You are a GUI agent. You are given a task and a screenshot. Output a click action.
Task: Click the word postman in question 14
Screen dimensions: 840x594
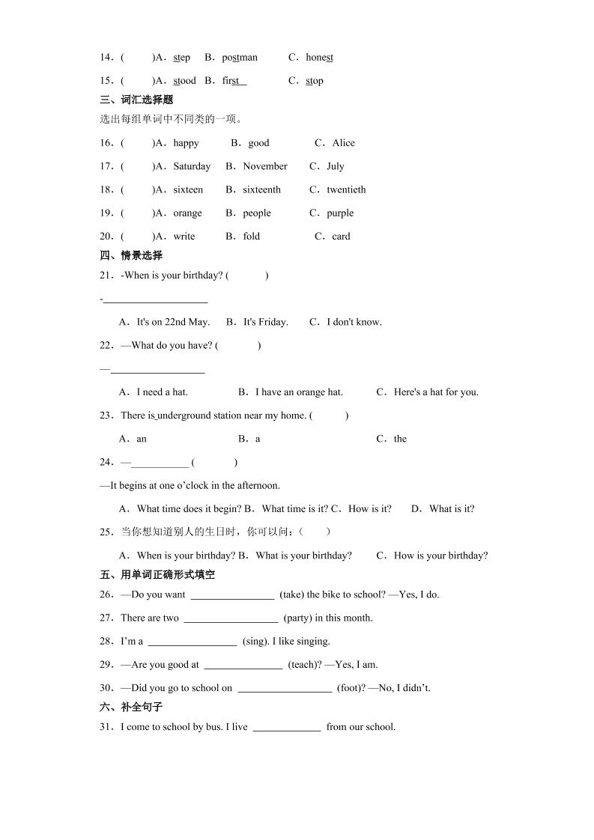coord(240,58)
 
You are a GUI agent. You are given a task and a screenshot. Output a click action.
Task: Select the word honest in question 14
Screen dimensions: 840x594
coord(320,58)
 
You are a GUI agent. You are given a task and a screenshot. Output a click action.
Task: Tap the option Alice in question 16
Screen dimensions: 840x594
coord(344,143)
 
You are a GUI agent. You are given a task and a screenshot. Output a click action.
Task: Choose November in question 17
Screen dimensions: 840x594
coord(265,166)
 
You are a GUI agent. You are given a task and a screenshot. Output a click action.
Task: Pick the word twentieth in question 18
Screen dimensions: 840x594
coord(346,189)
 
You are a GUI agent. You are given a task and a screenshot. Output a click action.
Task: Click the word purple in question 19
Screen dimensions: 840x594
coord(340,213)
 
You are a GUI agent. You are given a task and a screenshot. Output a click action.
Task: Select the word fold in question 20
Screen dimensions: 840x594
coord(252,236)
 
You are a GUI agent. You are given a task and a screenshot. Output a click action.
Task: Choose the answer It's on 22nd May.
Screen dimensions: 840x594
coord(173,322)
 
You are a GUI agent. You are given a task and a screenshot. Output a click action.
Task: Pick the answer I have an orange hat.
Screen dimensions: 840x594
coord(299,392)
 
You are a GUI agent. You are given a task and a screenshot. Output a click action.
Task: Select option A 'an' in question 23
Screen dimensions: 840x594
coord(142,439)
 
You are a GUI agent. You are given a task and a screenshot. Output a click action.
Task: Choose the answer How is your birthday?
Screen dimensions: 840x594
coord(440,556)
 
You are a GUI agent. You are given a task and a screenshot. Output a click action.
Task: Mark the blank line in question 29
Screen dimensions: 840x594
coord(243,666)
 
